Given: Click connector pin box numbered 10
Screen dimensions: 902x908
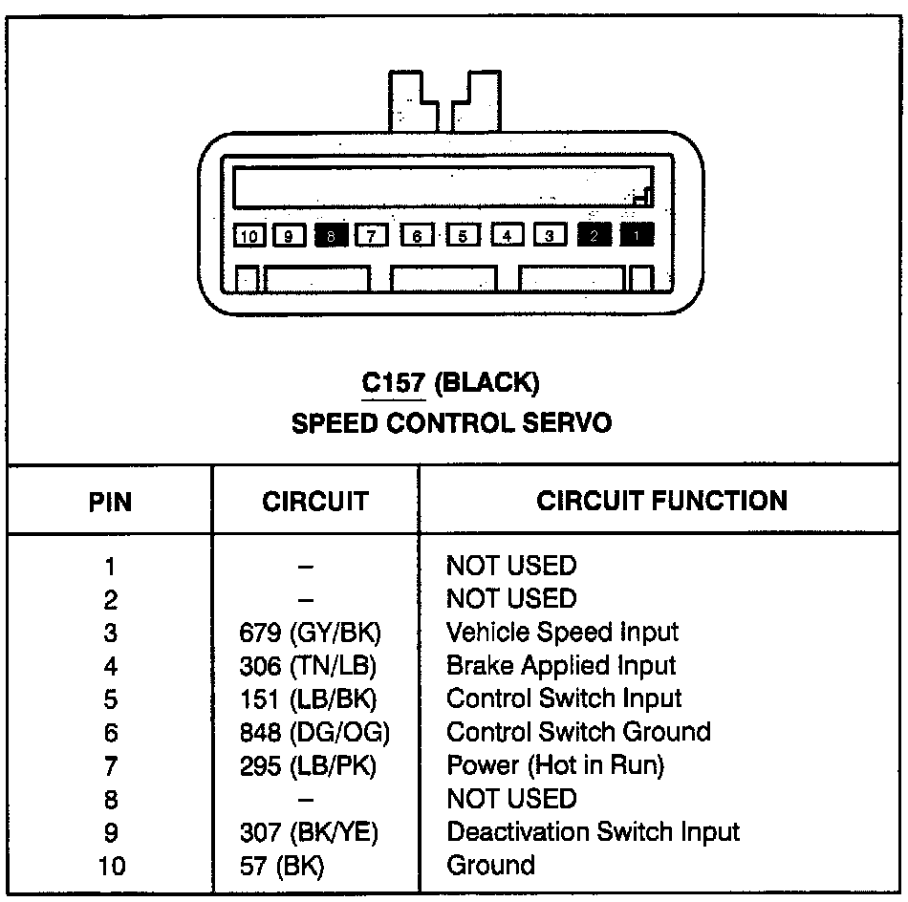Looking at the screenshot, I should pyautogui.click(x=249, y=235).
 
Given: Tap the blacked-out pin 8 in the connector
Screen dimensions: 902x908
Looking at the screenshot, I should pyautogui.click(x=330, y=235).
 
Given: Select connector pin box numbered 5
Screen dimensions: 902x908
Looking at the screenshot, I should pyautogui.click(x=463, y=235).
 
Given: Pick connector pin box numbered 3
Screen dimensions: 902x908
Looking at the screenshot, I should pyautogui.click(x=550, y=235).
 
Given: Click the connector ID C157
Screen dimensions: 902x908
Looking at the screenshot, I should pyautogui.click(x=392, y=384).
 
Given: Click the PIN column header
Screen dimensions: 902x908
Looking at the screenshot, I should pyautogui.click(x=110, y=502).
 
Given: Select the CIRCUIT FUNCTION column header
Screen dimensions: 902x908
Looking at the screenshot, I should pyautogui.click(x=661, y=501).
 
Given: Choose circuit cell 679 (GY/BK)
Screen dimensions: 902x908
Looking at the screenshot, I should pyautogui.click(x=314, y=633).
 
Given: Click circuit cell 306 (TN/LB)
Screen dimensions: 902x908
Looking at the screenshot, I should pyautogui.click(x=314, y=666).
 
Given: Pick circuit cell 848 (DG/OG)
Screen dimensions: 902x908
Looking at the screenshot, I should pyautogui.click(x=314, y=733).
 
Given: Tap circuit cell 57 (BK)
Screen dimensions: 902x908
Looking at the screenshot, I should pyautogui.click(x=282, y=867).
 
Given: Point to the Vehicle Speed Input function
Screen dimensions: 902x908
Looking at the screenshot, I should pyautogui.click(x=562, y=633).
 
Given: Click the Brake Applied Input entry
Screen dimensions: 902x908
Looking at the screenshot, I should pyautogui.click(x=561, y=666).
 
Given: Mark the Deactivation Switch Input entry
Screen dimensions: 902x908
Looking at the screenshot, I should pyautogui.click(x=593, y=832).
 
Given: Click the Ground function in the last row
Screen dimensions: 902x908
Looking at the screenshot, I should pyautogui.click(x=490, y=866).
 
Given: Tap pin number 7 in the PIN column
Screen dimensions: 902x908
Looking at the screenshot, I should pyautogui.click(x=111, y=765).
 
